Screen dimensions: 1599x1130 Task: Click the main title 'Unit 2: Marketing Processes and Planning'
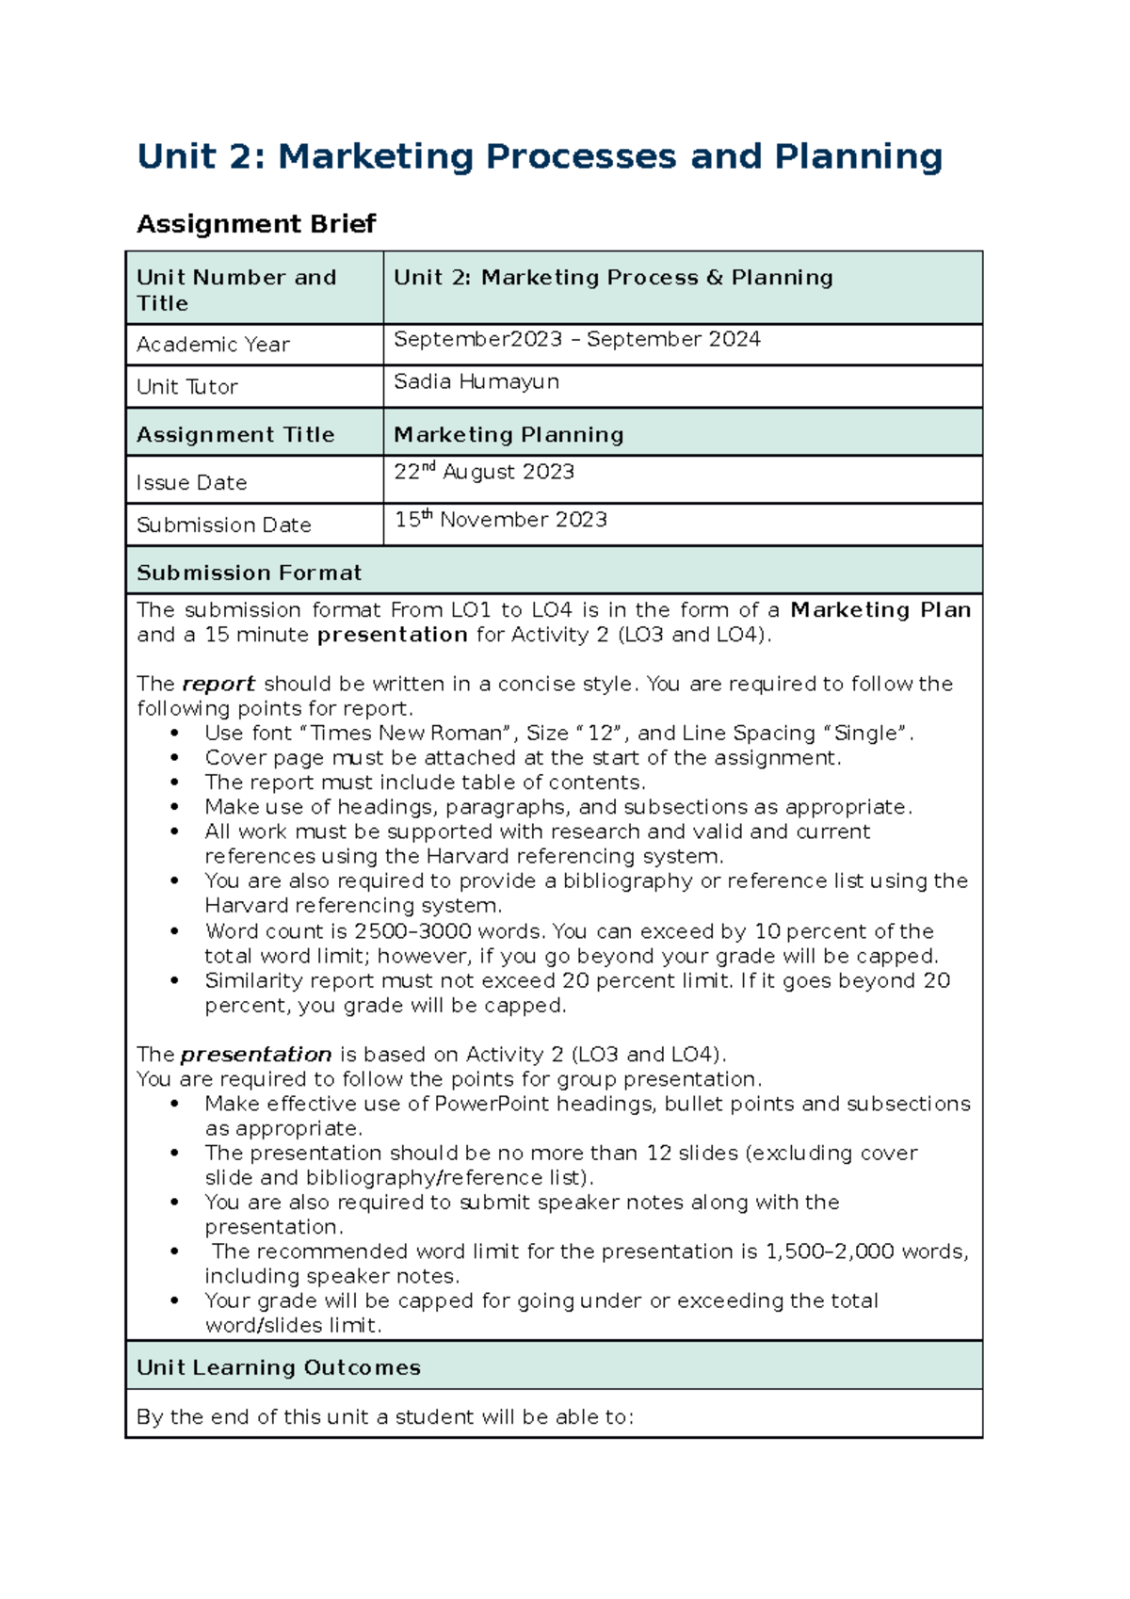click(x=539, y=156)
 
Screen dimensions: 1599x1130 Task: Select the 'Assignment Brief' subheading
click(x=256, y=224)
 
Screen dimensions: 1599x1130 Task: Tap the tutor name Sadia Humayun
click(x=476, y=381)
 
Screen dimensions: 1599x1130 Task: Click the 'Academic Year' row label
click(x=213, y=345)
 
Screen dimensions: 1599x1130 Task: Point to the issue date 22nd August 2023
click(x=483, y=472)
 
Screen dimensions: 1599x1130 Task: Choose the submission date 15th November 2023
click(x=500, y=520)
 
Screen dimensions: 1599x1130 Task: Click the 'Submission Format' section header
click(x=249, y=573)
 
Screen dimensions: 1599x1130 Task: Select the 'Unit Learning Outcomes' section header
click(x=278, y=1367)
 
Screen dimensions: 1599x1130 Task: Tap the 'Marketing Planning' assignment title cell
click(x=508, y=434)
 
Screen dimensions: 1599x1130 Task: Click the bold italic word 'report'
click(x=218, y=684)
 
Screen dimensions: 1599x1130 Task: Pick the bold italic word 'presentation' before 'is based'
click(x=255, y=1055)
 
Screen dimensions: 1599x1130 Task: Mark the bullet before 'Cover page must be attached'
click(x=174, y=758)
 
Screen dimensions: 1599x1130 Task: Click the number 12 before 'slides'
click(x=658, y=1153)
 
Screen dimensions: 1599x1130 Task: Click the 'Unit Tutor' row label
click(x=186, y=387)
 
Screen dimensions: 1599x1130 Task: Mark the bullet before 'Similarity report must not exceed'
click(x=174, y=981)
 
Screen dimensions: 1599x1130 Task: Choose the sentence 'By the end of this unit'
click(x=384, y=1417)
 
